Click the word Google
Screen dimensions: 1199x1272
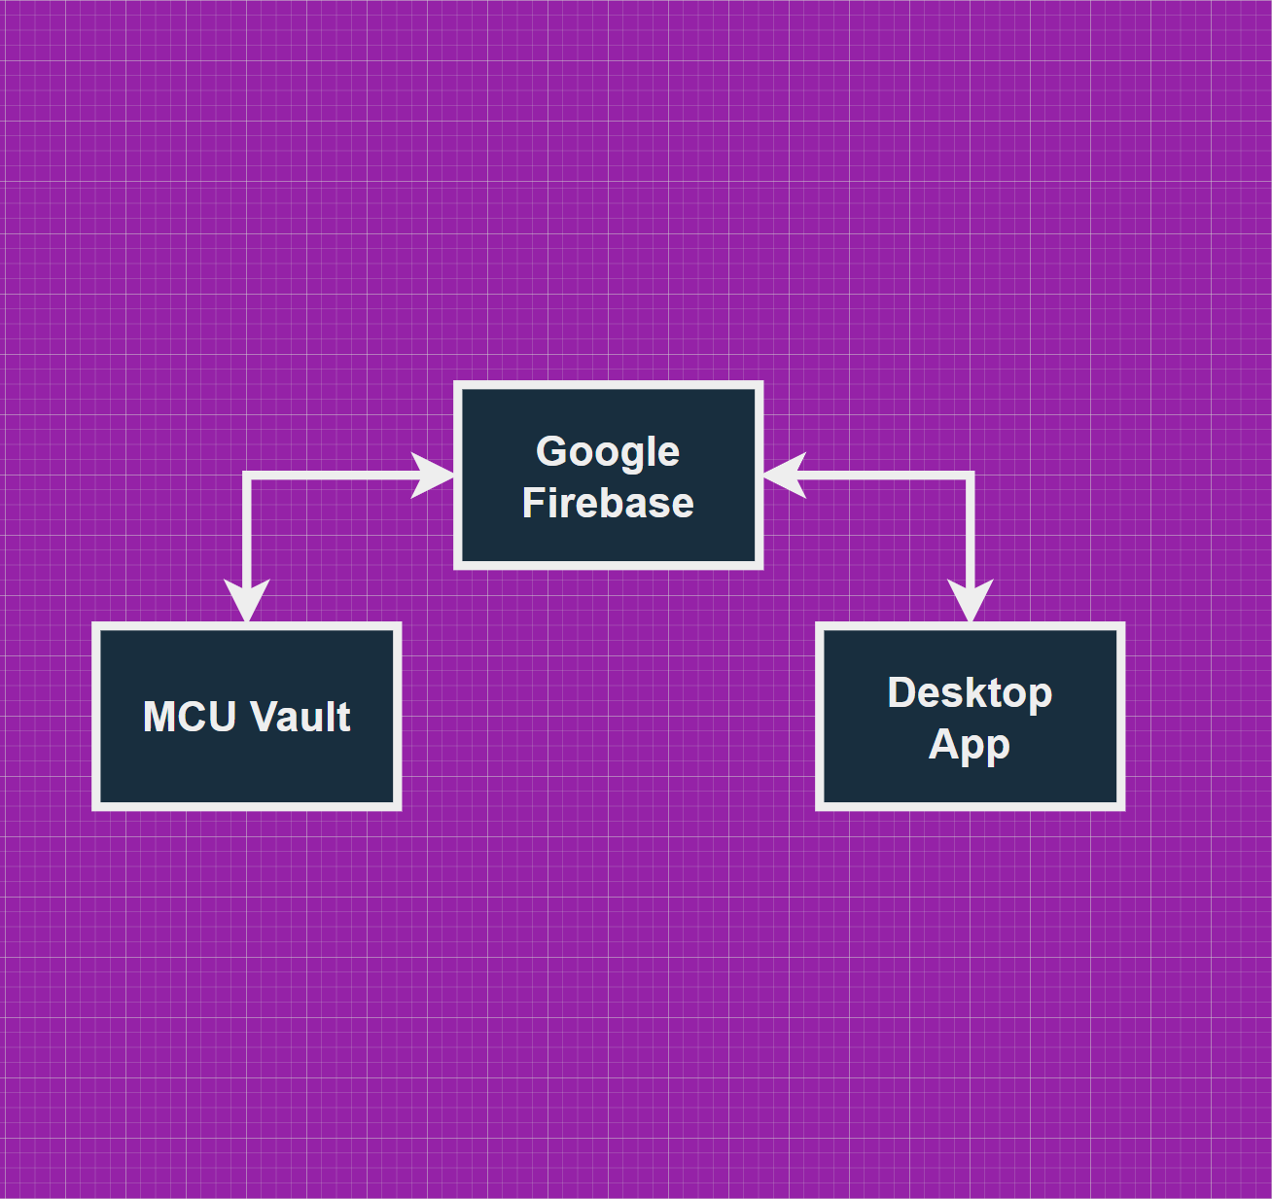(608, 452)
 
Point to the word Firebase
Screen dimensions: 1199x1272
(608, 504)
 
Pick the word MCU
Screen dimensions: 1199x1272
(190, 717)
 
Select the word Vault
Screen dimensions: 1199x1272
(300, 717)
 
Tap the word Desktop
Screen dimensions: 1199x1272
(970, 693)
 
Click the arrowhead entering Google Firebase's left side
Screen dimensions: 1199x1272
(435, 476)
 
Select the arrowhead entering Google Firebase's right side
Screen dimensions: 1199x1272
(784, 476)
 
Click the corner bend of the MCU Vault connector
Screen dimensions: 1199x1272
(247, 476)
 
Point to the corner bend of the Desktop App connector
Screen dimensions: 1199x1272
(970, 476)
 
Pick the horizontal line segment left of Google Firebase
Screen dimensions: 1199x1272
(331, 476)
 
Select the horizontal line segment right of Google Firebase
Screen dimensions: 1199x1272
(885, 476)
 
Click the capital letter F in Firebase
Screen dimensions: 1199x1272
(533, 504)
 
